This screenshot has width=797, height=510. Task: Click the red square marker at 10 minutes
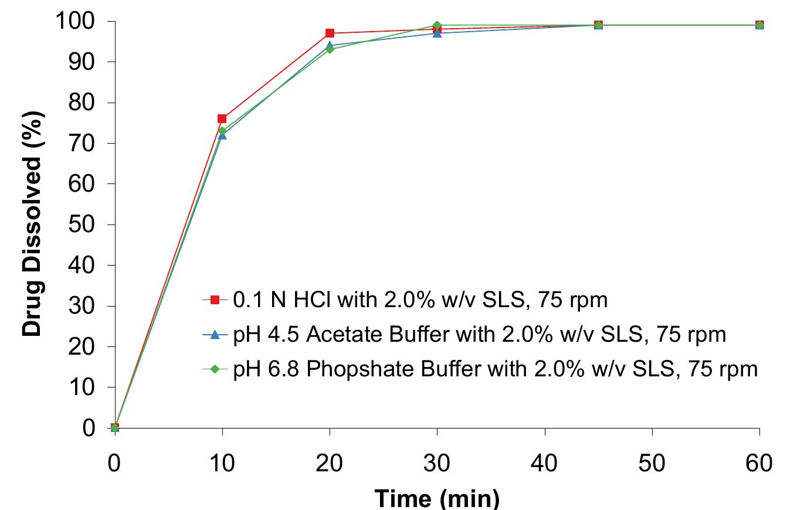[222, 119]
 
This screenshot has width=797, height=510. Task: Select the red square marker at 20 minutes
[330, 33]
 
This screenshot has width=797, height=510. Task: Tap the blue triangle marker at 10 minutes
[222, 135]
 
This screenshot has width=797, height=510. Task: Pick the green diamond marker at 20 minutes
[330, 49]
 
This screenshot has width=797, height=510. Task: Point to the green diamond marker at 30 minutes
[437, 25]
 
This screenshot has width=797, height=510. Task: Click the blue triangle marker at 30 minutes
[437, 33]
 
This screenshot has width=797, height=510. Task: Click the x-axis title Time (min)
[437, 498]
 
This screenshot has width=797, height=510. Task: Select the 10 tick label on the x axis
[222, 464]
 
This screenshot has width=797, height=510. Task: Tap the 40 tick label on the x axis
[545, 464]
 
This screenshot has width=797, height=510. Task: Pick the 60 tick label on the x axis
[760, 464]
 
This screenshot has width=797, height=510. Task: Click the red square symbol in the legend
[215, 300]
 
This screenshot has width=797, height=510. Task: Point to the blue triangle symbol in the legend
[215, 335]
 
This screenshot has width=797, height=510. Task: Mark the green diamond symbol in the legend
[215, 369]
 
